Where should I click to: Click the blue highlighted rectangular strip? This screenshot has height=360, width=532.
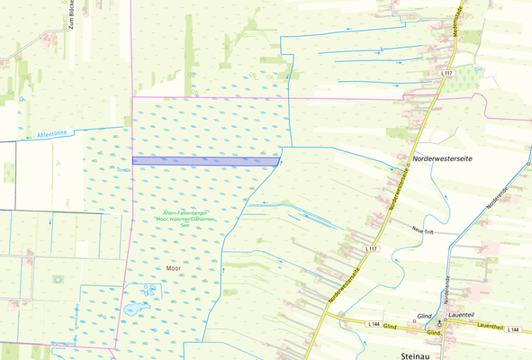(x=205, y=161)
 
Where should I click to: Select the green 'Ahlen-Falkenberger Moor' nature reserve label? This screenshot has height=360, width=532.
(x=186, y=215)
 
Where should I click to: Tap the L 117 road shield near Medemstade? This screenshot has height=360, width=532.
(x=446, y=72)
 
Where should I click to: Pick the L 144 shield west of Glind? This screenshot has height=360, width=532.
(x=374, y=323)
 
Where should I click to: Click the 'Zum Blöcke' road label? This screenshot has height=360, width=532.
(x=68, y=16)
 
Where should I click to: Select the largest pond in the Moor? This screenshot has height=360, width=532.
(x=134, y=309)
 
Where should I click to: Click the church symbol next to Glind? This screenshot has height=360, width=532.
(x=440, y=321)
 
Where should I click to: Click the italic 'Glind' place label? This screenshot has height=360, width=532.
(x=424, y=317)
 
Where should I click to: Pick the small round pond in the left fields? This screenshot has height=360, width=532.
(x=59, y=279)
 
